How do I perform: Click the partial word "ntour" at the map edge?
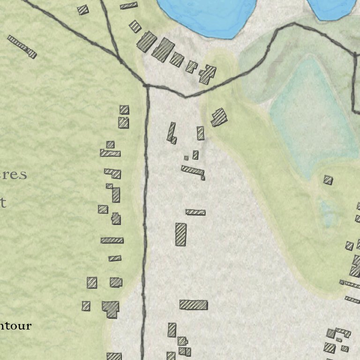[16, 325]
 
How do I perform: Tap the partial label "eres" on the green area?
[14, 175]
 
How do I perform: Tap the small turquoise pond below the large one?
[328, 213]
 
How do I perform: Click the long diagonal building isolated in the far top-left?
[22, 46]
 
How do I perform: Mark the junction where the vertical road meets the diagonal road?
[147, 86]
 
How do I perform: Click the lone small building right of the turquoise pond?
[328, 180]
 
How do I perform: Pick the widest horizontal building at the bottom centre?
[193, 305]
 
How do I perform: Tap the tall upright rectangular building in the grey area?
[181, 234]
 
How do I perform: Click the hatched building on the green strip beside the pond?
[218, 117]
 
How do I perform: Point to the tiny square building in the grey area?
[186, 158]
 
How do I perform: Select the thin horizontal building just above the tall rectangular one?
[195, 212]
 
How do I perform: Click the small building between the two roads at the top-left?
[83, 9]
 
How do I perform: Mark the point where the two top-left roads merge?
[120, 60]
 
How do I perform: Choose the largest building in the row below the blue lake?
[163, 49]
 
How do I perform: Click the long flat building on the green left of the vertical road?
[112, 240]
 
